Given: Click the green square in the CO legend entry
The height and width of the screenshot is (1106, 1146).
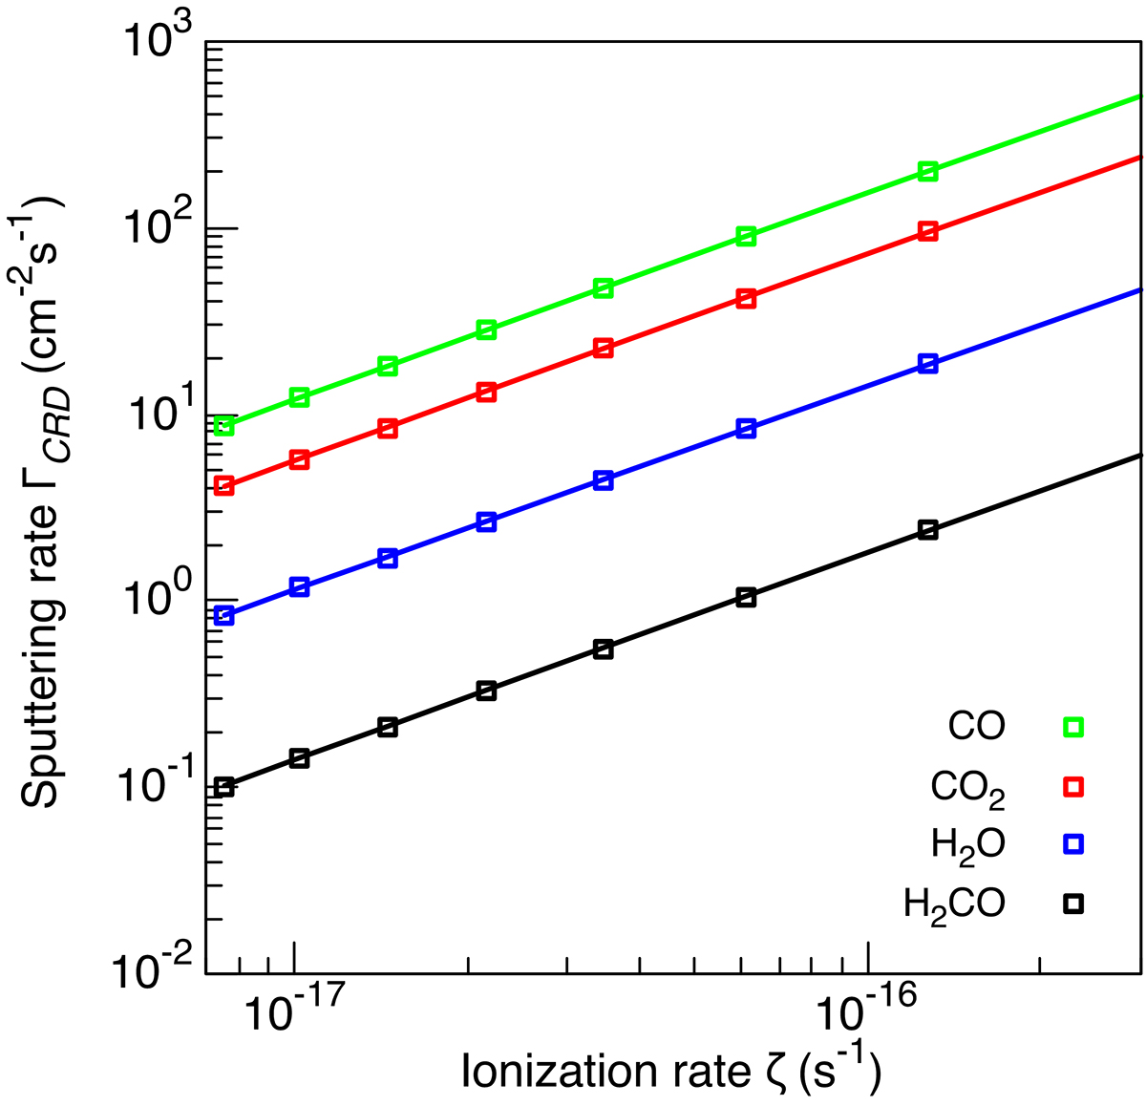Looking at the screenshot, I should tap(1073, 728).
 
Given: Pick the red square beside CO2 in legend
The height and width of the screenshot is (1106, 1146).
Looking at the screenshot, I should tap(1073, 786).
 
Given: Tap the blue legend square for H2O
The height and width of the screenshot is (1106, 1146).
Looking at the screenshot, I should tap(1073, 843).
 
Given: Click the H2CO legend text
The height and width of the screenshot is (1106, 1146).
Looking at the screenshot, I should tap(954, 903).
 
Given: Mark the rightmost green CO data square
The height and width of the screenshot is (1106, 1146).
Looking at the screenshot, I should tap(927, 171).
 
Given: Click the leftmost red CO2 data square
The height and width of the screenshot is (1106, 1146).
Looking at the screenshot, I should tap(224, 486).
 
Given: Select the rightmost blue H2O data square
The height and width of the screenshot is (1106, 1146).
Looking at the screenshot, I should tap(927, 364).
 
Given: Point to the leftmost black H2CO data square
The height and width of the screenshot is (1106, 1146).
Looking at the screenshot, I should tap(224, 787).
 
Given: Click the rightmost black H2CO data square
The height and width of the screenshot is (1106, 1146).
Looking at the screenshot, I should tap(927, 530).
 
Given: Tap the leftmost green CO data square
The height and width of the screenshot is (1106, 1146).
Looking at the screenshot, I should tap(224, 426).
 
